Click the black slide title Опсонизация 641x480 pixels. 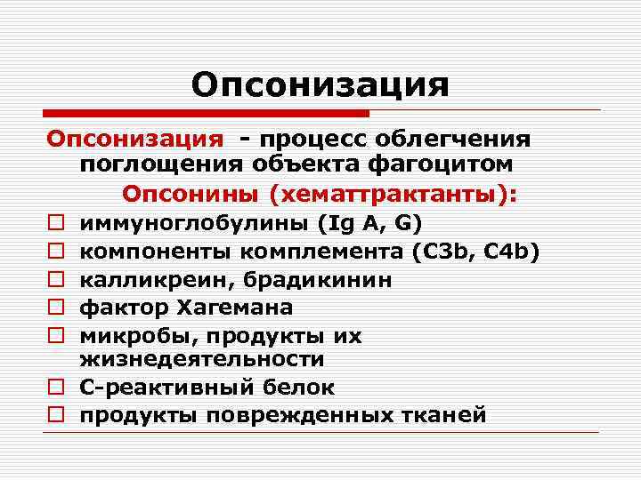[x=320, y=85]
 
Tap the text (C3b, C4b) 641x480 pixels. [x=476, y=251]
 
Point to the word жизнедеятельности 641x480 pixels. [x=202, y=359]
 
